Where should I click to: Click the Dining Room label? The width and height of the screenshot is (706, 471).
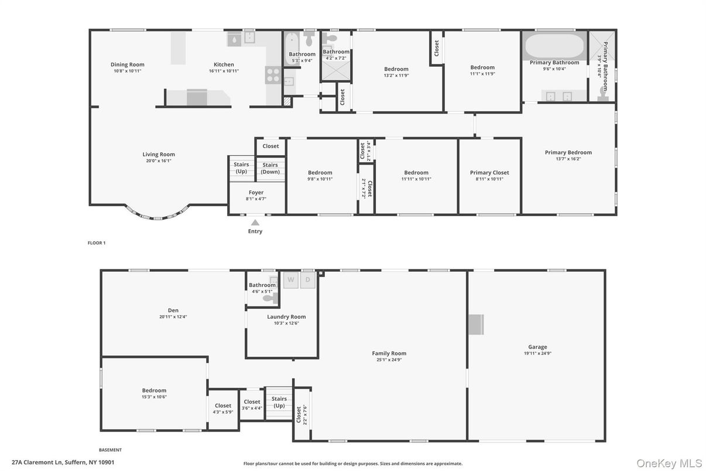[127, 64]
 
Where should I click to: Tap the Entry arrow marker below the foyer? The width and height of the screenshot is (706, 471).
[255, 223]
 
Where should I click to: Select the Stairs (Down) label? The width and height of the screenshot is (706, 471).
[270, 168]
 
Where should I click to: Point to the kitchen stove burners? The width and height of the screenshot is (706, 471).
[273, 75]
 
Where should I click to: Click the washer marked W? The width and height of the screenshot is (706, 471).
[291, 280]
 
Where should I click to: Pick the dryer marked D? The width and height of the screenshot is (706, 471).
[308, 280]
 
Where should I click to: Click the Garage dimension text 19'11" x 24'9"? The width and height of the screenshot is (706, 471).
[537, 353]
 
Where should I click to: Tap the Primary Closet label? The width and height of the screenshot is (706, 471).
[489, 173]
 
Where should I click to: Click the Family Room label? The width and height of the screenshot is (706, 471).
[389, 353]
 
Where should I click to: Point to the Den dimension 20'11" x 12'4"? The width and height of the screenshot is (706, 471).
[173, 317]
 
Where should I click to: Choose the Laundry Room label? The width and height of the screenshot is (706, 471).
[286, 317]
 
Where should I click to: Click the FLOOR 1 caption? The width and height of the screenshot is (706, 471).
[96, 243]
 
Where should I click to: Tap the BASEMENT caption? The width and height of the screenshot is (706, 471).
[110, 450]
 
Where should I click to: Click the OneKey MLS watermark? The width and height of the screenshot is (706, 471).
[669, 463]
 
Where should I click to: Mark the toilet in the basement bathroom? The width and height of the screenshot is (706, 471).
[269, 298]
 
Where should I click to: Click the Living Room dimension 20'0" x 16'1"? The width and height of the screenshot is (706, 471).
[159, 161]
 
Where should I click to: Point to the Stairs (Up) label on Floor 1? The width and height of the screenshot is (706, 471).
[241, 168]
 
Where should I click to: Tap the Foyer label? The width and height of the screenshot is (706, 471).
[256, 192]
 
